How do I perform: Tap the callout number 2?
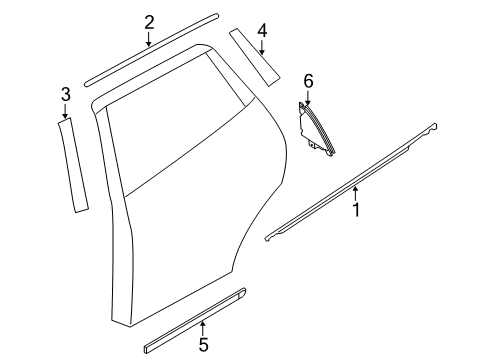(149, 22)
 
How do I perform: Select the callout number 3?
(65, 94)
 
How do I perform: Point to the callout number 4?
(261, 30)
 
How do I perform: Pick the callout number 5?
(203, 346)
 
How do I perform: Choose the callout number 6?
(308, 80)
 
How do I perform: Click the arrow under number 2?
(149, 41)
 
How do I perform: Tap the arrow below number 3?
(65, 112)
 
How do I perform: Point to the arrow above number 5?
(203, 327)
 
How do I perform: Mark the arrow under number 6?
(308, 97)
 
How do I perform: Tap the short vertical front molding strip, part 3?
(72, 165)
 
